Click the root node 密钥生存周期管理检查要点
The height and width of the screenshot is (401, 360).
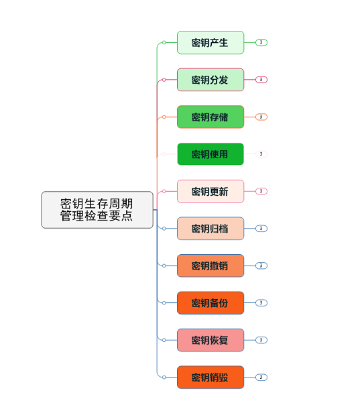click(x=97, y=210)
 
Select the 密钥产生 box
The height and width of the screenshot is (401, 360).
click(x=211, y=42)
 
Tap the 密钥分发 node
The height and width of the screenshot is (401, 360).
click(x=211, y=80)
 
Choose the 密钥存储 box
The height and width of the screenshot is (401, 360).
click(x=211, y=117)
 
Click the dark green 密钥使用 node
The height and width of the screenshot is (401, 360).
click(x=211, y=154)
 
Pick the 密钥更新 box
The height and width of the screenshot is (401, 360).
click(x=211, y=191)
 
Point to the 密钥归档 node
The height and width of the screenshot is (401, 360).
click(x=211, y=229)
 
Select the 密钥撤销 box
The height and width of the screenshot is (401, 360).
click(x=211, y=266)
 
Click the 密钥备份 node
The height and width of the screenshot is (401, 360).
click(x=211, y=303)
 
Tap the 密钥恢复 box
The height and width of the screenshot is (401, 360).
click(x=211, y=340)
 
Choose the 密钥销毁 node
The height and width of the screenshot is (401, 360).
click(x=211, y=378)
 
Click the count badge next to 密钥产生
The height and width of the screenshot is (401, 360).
click(x=261, y=42)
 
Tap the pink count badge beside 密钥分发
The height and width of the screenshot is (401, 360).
click(x=261, y=80)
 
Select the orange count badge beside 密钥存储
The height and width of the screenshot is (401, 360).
click(x=261, y=117)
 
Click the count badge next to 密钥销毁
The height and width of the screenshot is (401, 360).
click(x=261, y=378)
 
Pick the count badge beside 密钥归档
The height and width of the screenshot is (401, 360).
click(x=261, y=229)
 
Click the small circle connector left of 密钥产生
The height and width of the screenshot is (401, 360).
click(x=164, y=42)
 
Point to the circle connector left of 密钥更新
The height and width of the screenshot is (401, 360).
click(x=164, y=191)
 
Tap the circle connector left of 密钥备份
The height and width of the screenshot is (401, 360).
click(x=164, y=303)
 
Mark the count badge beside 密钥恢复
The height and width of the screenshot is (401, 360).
click(x=261, y=340)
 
